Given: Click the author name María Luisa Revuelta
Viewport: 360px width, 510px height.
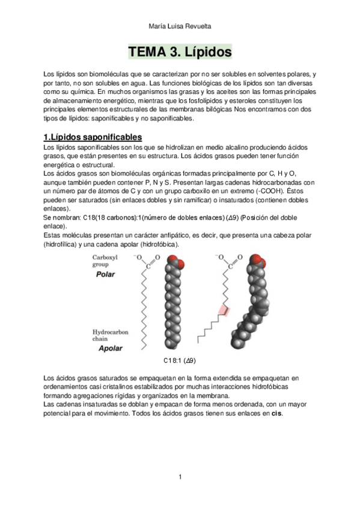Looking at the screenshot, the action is tap(180, 26).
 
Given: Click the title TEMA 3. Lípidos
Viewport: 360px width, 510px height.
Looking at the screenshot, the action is tap(180, 52).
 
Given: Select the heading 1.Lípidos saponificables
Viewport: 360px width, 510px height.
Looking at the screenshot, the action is tap(93, 137).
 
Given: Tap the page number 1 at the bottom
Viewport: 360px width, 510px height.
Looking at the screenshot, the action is tap(180, 477).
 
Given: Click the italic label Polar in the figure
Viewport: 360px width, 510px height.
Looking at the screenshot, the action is tap(105, 274).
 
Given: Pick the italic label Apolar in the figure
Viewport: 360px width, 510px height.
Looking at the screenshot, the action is tap(111, 348).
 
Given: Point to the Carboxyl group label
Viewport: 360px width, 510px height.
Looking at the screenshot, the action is tap(105, 260).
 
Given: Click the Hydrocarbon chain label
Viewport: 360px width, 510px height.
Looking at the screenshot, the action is tap(110, 336).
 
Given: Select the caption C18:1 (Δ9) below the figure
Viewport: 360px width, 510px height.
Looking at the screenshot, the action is tap(179, 360).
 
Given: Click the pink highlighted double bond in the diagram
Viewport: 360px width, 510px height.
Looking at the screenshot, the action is tap(224, 310).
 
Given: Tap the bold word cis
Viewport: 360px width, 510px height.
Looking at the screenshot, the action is tap(277, 414).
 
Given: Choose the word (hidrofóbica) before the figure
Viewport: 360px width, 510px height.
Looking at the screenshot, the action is tap(159, 244).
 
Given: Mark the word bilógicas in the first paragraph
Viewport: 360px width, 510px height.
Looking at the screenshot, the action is tap(219, 109).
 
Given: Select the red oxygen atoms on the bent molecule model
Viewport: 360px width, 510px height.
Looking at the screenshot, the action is tap(258, 260).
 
